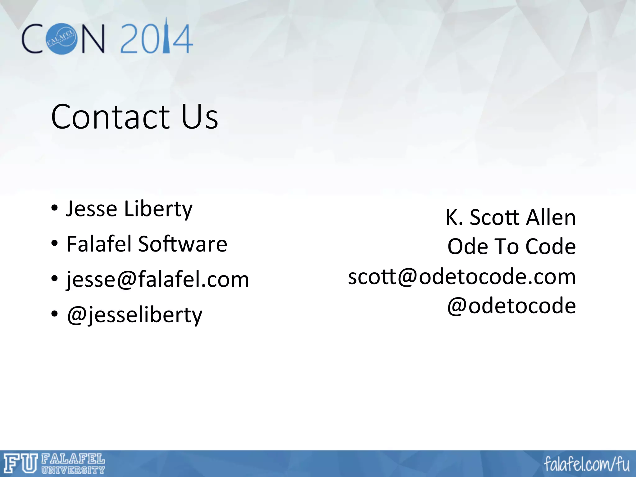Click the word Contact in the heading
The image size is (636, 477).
(110, 117)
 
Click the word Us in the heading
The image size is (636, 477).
(200, 117)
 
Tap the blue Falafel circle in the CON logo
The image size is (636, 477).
(61, 39)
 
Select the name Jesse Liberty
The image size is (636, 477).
(129, 209)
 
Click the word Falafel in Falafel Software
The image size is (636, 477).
(99, 244)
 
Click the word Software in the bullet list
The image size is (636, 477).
(182, 244)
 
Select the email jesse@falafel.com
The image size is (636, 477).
(158, 279)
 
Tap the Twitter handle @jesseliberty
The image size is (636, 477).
(134, 315)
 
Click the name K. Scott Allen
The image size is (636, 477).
(511, 217)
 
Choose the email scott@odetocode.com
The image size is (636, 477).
(462, 276)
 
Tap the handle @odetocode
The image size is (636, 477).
(511, 306)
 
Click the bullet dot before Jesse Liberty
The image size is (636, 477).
(55, 208)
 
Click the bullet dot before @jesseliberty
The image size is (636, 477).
(55, 314)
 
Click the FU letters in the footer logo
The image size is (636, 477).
(20, 464)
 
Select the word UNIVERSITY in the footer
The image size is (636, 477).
(73, 470)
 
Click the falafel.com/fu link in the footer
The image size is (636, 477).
(587, 465)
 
